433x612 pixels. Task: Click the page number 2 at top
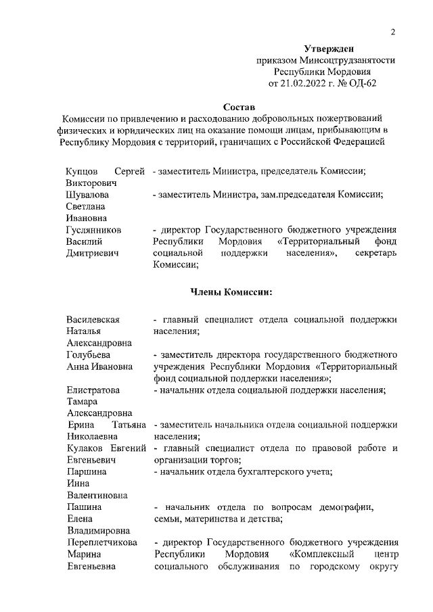pos(392,32)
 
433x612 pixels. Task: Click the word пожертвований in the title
pos(348,119)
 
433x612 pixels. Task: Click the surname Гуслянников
pos(93,229)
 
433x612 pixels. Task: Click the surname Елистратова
pos(93,390)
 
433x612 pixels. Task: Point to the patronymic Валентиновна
pos(97,494)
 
